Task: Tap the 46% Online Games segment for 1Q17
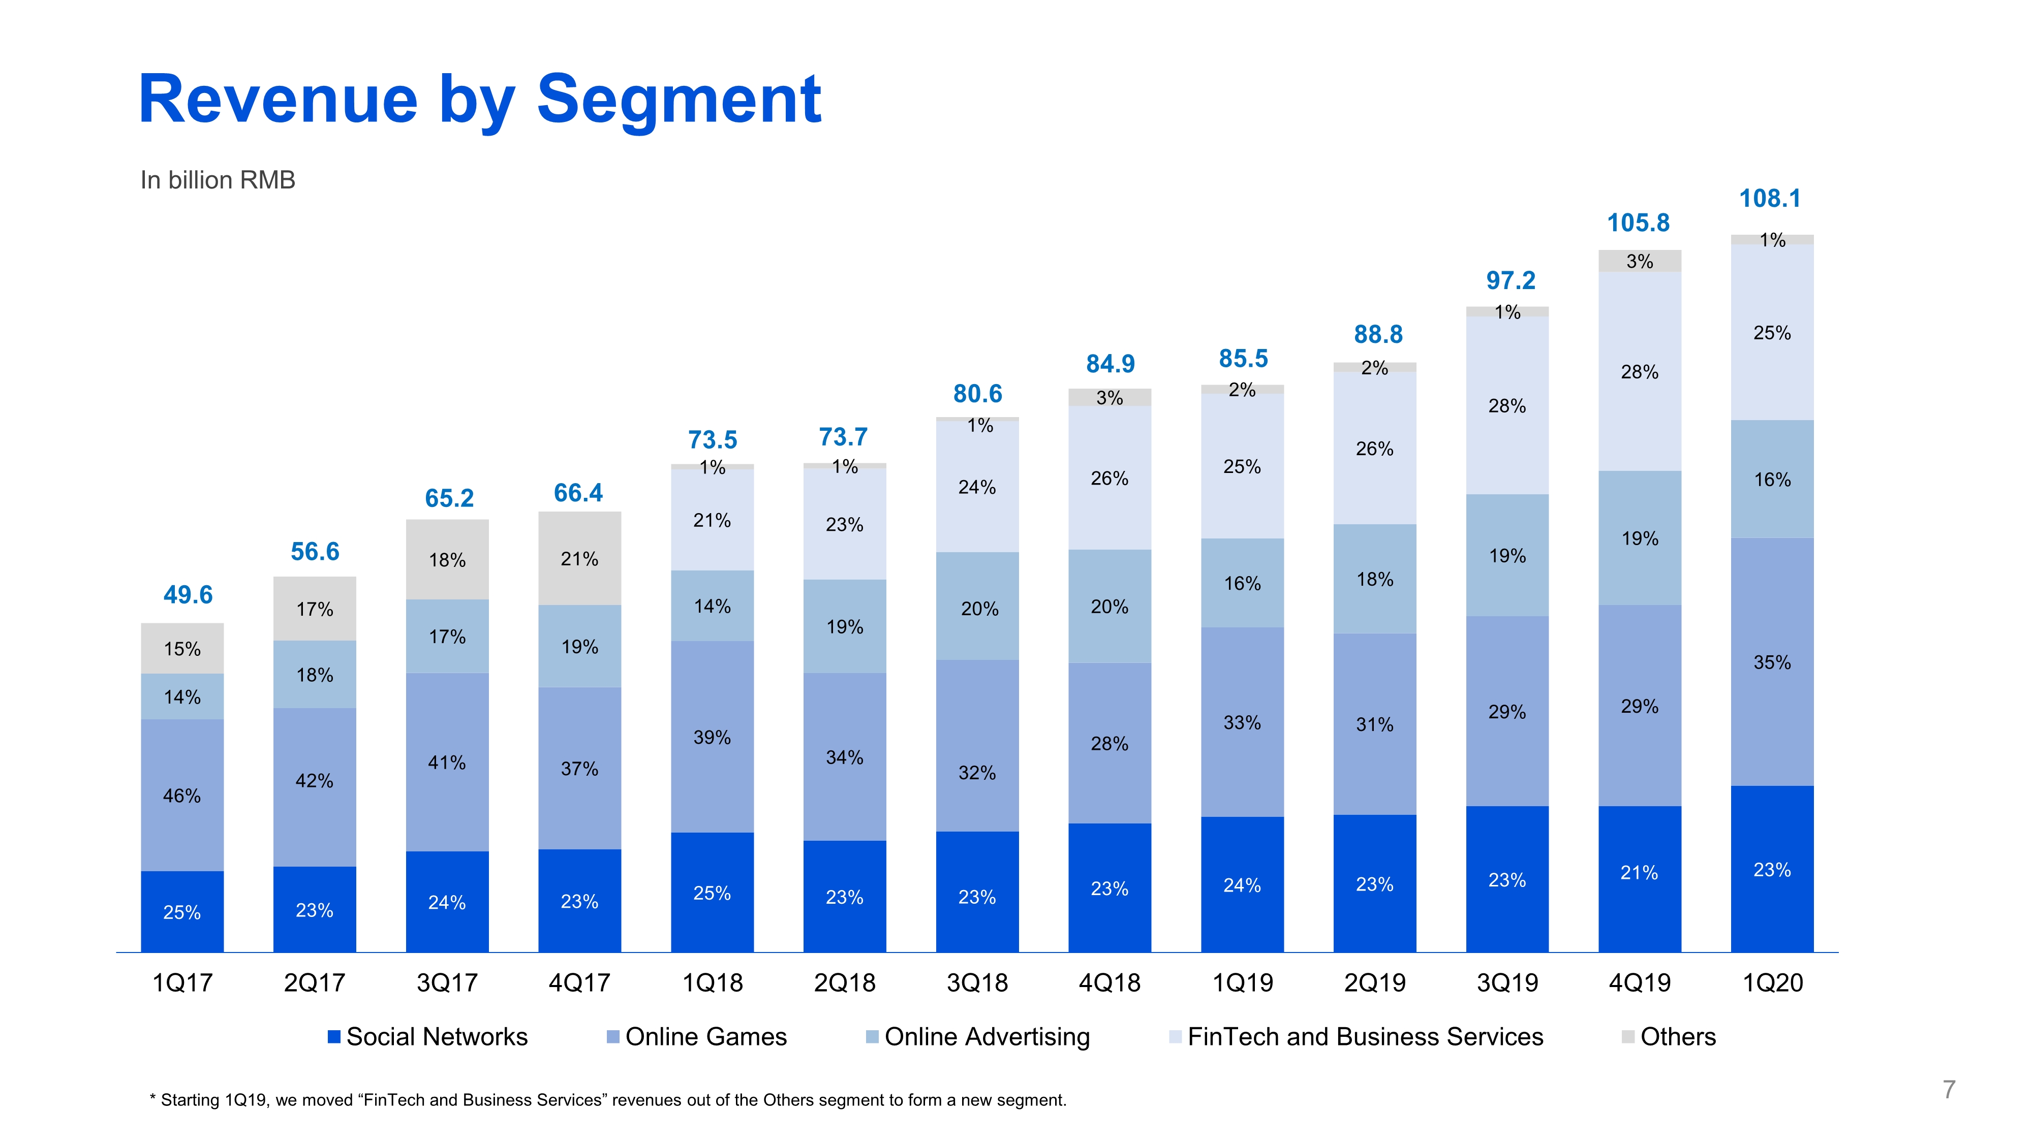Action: click(182, 795)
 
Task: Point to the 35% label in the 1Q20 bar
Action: click(1772, 662)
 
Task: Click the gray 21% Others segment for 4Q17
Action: click(579, 558)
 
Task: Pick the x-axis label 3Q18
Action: click(977, 983)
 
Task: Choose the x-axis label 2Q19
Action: click(1375, 983)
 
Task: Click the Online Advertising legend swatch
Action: click(872, 1036)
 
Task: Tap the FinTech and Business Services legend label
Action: click(1365, 1036)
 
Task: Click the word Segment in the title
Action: click(679, 100)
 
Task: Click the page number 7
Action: click(1949, 1089)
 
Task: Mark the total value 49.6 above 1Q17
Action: click(188, 595)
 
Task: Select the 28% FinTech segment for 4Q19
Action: click(1639, 371)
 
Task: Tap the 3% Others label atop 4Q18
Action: click(1109, 398)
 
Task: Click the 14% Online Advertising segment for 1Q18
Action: click(712, 606)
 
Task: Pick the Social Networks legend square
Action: click(334, 1036)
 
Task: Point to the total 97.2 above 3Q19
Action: click(1510, 281)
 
